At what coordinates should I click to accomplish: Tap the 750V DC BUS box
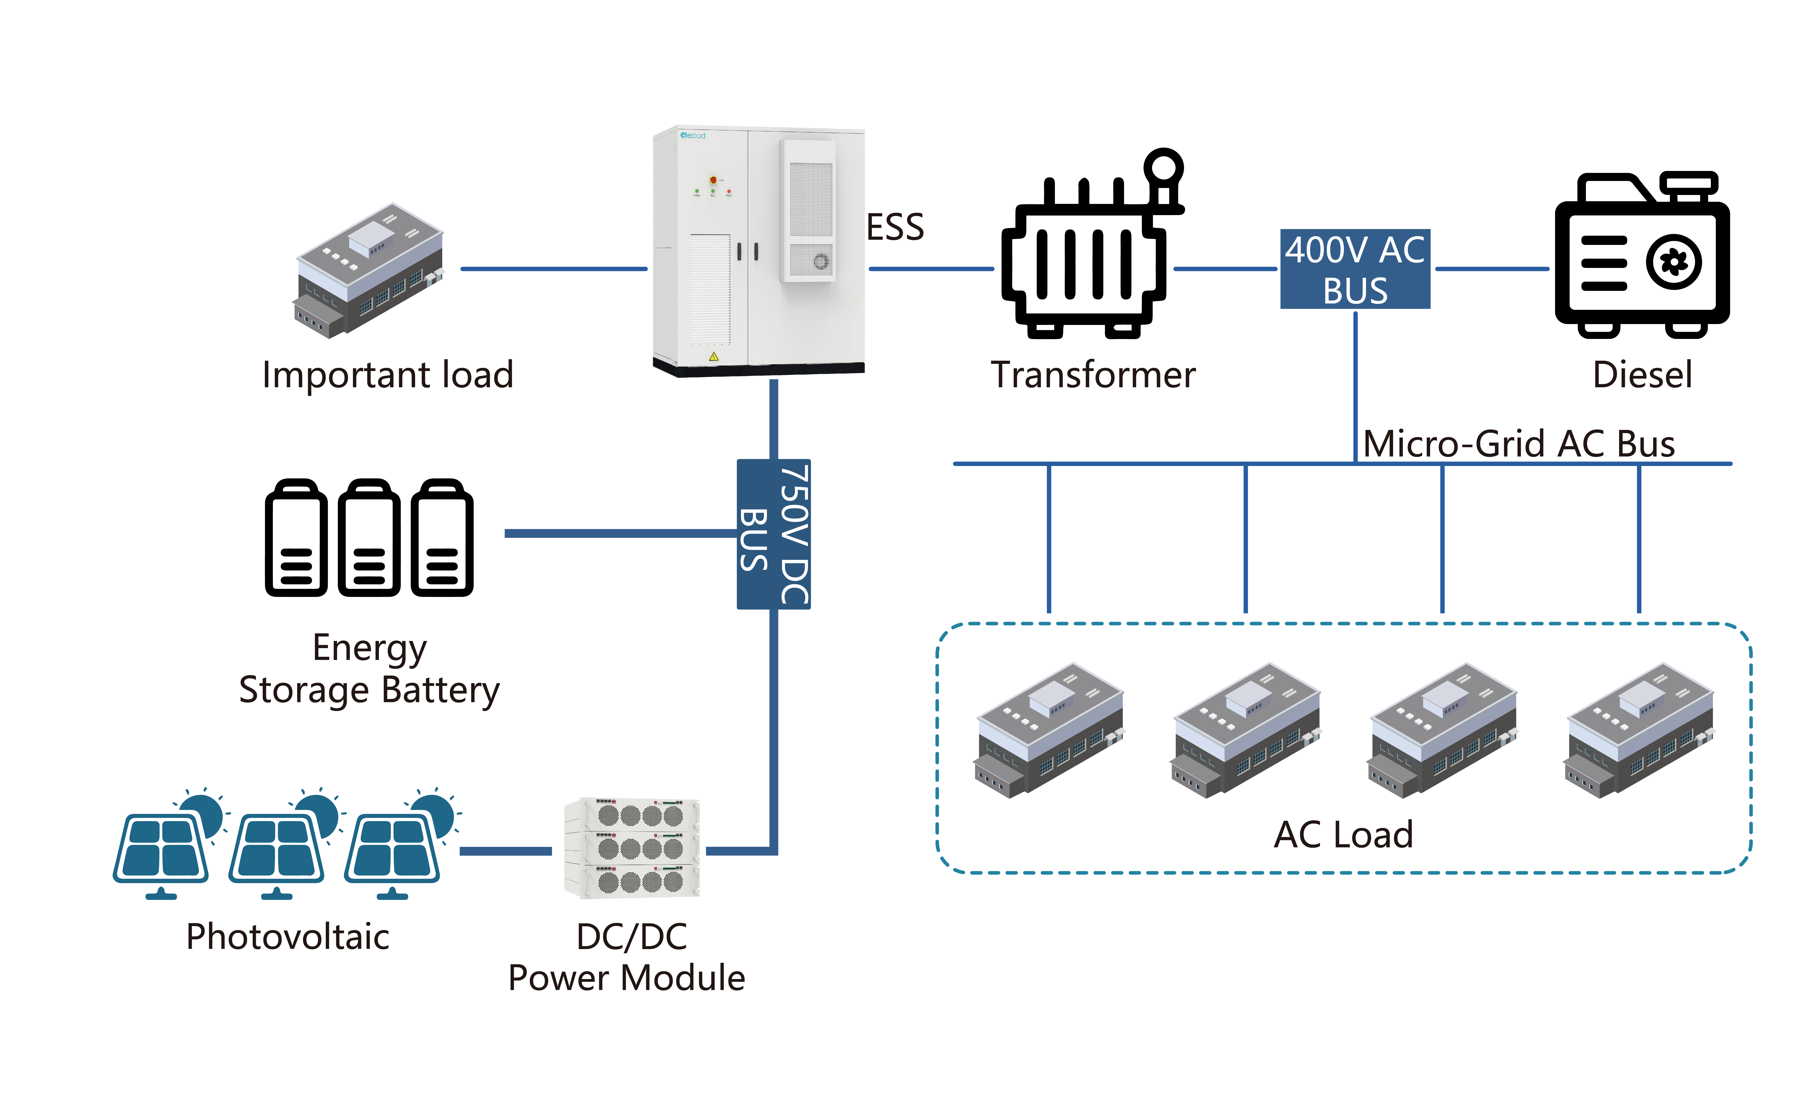tap(773, 534)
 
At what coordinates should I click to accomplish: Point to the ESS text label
tap(895, 227)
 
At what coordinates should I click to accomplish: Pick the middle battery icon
tap(369, 538)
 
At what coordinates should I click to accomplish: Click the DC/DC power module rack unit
tap(631, 848)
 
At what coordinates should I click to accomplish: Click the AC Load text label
tap(1343, 835)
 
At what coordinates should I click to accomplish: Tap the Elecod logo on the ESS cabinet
tap(692, 135)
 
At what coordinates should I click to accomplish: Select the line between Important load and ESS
tap(553, 269)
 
